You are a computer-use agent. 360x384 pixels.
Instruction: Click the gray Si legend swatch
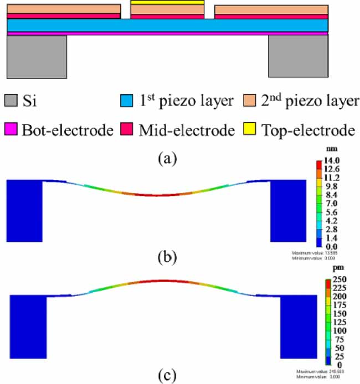pos(12,101)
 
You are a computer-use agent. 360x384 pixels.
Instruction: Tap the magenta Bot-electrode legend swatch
pos(12,130)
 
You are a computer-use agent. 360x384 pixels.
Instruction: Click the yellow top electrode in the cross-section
pos(167,2)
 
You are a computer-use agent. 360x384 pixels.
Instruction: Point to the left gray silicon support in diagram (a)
pos(37,56)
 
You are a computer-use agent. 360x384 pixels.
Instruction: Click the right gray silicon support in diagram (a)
pos(298,56)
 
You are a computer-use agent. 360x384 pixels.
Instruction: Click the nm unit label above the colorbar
pos(331,150)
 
